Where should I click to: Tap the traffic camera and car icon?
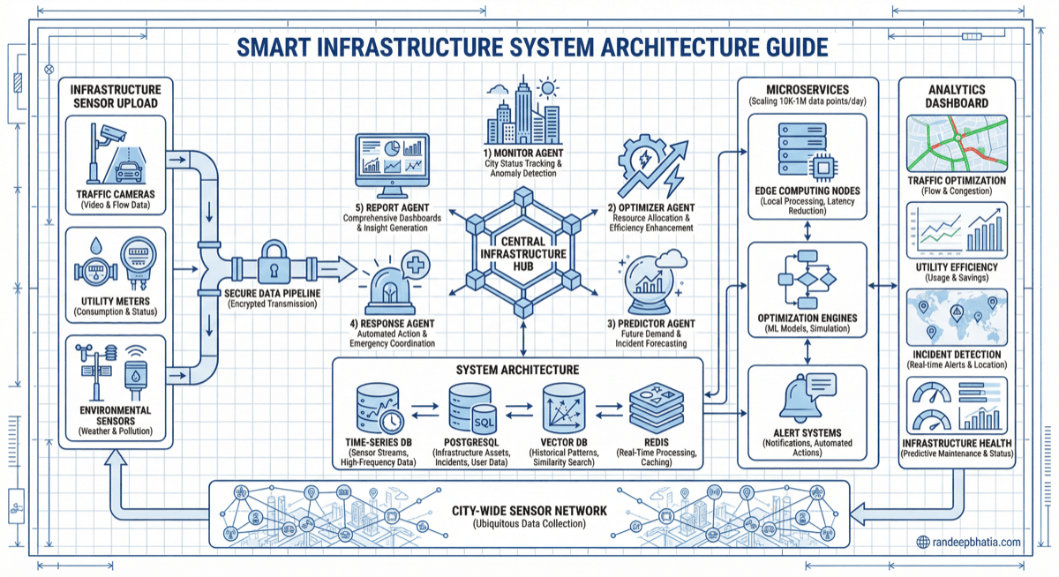(116, 156)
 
